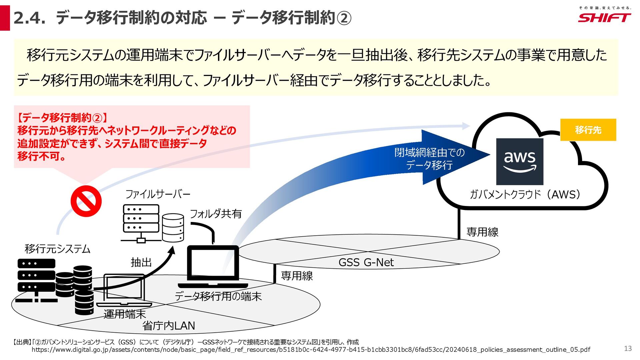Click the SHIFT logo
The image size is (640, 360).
604,18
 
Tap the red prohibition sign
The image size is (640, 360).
86,201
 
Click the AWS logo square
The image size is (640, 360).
520,162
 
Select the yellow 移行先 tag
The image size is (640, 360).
588,130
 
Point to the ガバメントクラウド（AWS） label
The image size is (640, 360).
526,194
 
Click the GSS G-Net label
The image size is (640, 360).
366,262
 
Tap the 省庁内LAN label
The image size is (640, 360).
169,326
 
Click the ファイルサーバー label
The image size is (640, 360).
158,194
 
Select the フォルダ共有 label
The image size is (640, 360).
216,214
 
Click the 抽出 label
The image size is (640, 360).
141,262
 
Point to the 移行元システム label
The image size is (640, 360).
57,249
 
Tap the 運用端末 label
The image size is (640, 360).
125,314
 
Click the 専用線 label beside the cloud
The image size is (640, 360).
482,232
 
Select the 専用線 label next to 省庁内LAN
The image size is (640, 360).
297,276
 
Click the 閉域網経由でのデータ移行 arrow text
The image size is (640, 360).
429,159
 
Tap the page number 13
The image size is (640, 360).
628,348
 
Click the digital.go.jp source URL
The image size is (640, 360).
311,350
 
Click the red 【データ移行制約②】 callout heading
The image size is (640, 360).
62,118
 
